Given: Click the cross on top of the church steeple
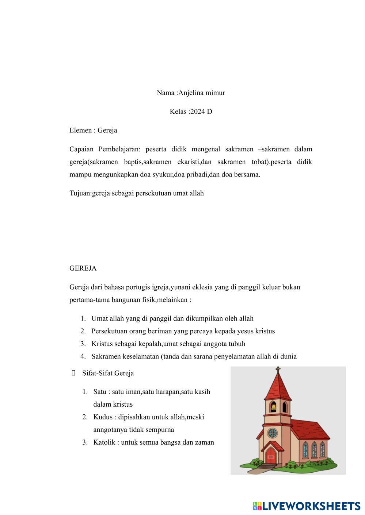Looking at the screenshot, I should (278, 371).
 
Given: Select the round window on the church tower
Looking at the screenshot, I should (272, 433).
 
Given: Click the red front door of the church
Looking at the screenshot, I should (271, 455).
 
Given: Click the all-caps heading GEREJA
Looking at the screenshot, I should (83, 268).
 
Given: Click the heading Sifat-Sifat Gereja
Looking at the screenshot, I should (108, 373).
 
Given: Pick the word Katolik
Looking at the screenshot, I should (104, 442).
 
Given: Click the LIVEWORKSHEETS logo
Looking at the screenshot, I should (307, 506).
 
